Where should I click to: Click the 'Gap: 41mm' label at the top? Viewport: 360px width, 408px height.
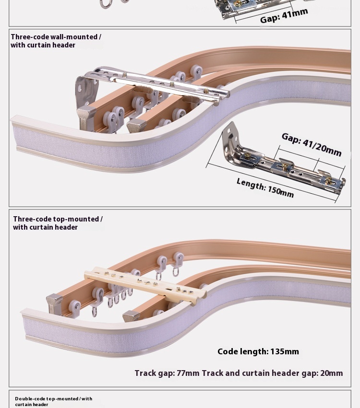tap(284, 15)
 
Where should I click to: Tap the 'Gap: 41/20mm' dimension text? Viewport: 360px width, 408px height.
tap(312, 144)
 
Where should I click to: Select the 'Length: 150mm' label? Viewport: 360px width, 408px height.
tap(265, 187)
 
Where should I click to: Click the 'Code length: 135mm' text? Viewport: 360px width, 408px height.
tap(258, 351)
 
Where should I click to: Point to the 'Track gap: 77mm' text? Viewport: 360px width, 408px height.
tap(167, 373)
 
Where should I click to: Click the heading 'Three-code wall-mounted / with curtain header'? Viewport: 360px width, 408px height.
tap(56, 41)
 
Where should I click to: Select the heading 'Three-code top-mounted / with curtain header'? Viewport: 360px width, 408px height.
tap(58, 223)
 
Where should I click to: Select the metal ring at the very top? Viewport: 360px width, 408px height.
tap(106, 4)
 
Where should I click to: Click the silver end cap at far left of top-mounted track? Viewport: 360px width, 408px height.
tap(54, 303)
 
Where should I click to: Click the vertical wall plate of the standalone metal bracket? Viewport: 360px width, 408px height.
tap(230, 139)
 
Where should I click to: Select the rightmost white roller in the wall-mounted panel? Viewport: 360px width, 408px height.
tap(196, 72)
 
